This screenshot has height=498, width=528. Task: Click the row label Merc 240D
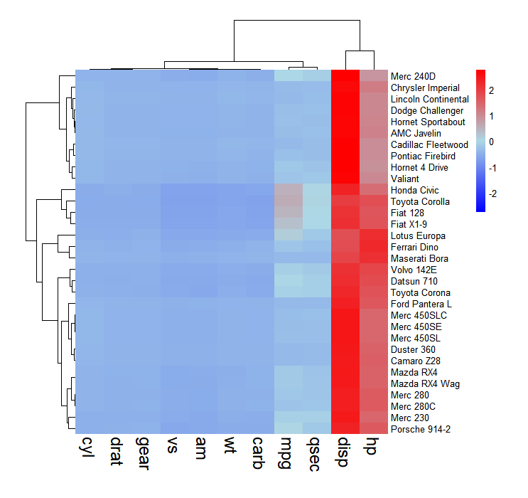click(413, 76)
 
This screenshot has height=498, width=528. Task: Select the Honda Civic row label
click(414, 190)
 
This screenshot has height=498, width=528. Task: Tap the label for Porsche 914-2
click(419, 429)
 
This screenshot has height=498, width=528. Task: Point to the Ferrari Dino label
click(414, 247)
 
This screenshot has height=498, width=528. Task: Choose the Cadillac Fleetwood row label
click(428, 144)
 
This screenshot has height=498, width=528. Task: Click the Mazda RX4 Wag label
click(425, 383)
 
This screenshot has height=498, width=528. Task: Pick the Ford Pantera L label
click(422, 304)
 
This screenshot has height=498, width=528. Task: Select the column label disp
click(345, 451)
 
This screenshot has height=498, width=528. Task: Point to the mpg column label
click(288, 452)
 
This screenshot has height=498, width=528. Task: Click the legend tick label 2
click(492, 90)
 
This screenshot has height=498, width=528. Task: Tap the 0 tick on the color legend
click(492, 142)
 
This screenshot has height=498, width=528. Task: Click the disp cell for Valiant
click(345, 179)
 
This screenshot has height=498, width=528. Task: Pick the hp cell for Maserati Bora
click(373, 258)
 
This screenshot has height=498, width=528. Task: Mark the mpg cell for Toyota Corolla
click(288, 201)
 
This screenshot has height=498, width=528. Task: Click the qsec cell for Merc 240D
click(316, 76)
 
